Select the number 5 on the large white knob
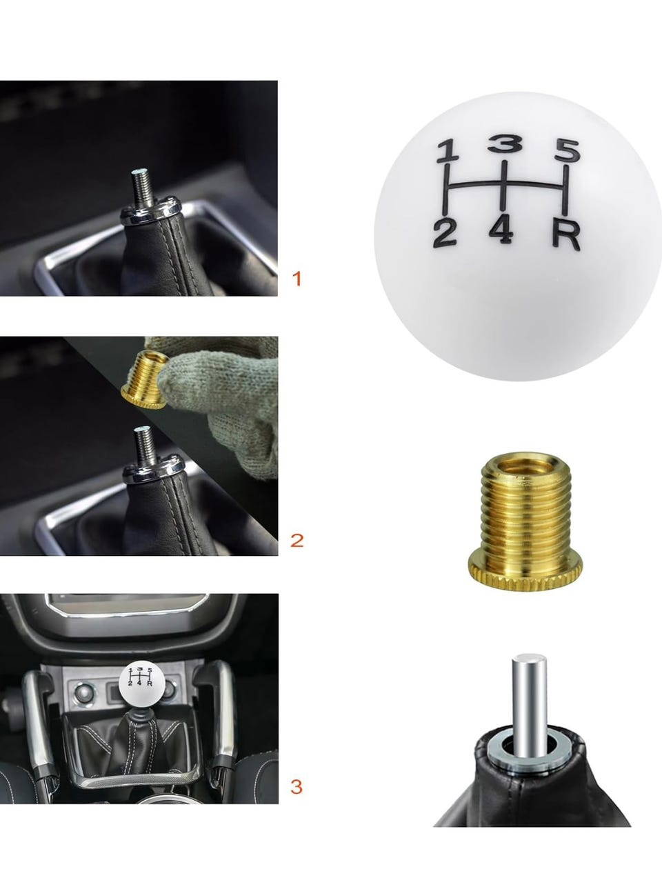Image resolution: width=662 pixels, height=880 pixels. (568, 151)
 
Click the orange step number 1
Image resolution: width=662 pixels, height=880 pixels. (297, 279)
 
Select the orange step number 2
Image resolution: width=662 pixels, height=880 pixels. (297, 541)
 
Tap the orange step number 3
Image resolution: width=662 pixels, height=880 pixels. (296, 787)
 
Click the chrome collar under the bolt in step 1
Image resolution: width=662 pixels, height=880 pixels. (152, 210)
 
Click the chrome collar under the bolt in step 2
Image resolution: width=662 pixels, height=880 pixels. (154, 469)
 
